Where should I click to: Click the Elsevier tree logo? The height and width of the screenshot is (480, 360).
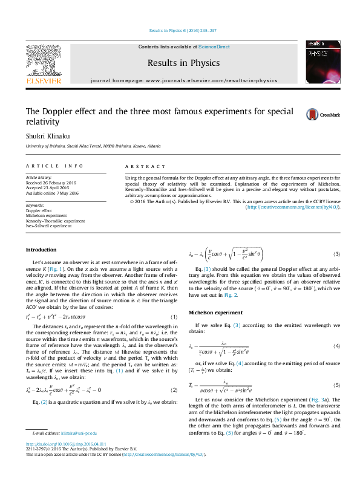(43, 60)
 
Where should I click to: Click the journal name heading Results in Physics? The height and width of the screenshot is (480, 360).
(183, 62)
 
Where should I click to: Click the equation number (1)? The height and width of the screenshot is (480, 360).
(174, 317)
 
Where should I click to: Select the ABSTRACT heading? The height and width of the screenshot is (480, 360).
(145, 166)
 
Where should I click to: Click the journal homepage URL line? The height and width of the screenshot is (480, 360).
(183, 80)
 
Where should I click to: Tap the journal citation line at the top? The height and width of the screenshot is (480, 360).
(182, 31)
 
